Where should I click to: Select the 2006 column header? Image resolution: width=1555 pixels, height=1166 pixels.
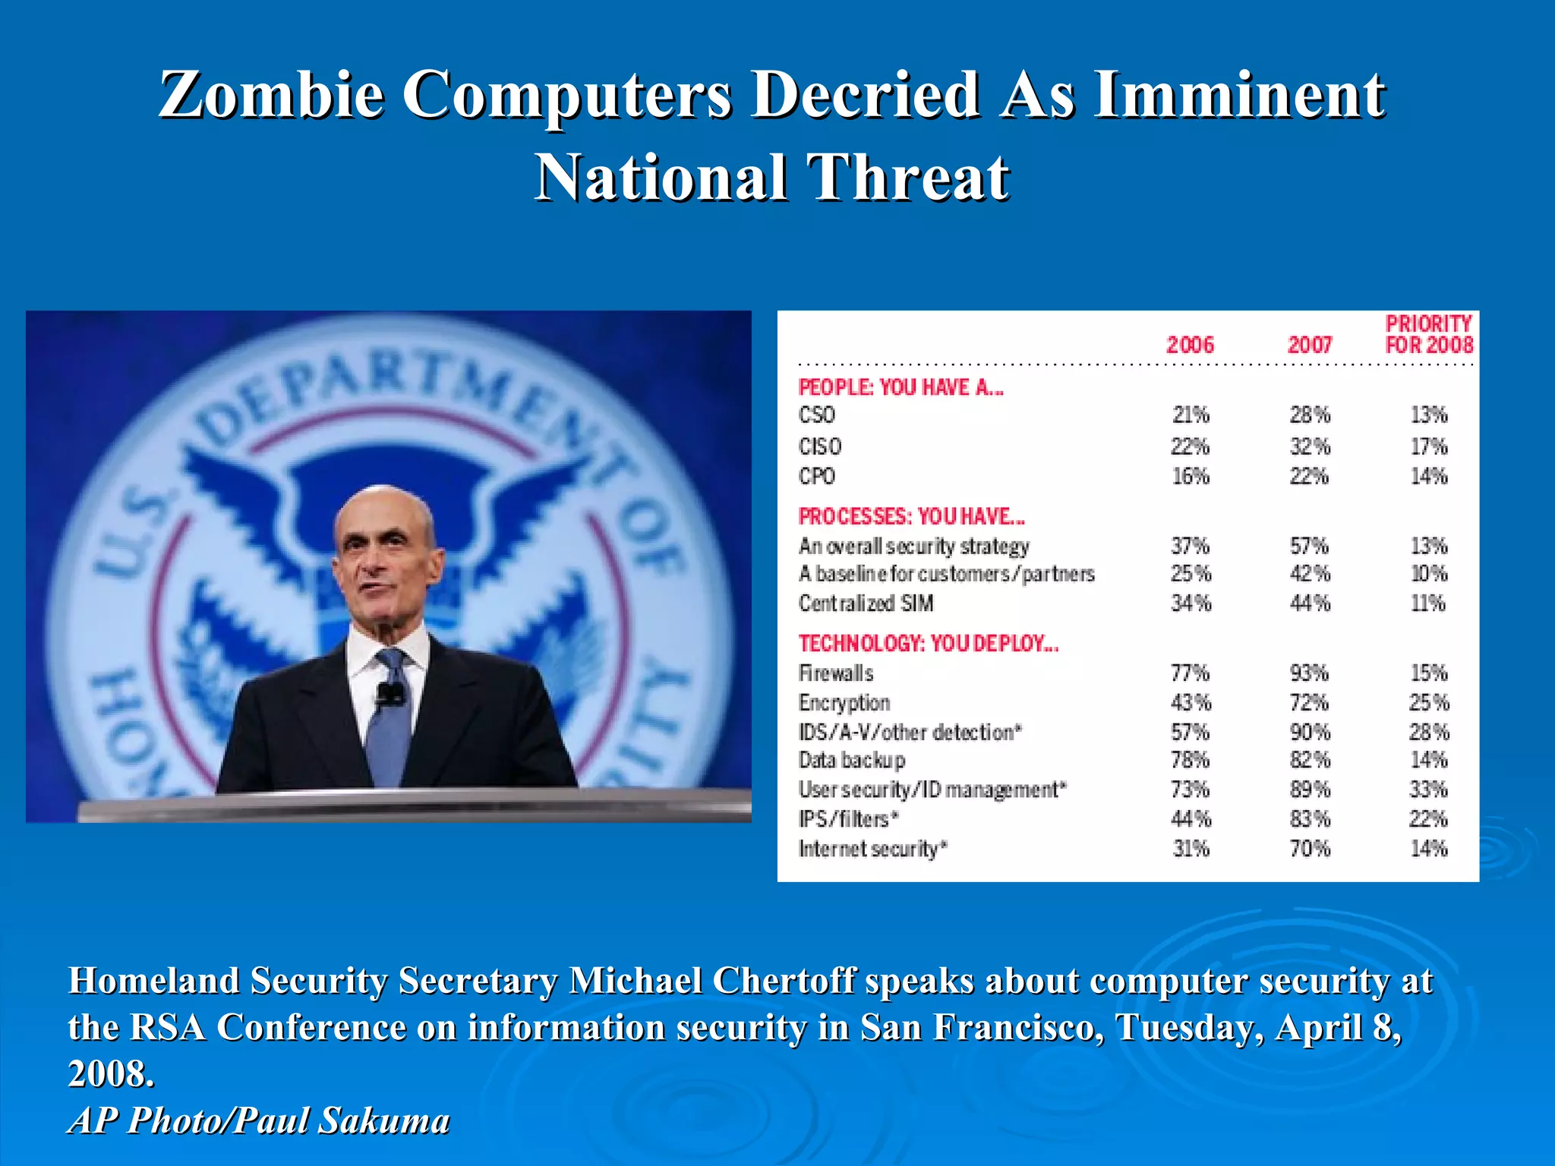click(x=1190, y=345)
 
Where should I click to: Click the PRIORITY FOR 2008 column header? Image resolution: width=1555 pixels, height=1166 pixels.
click(x=1428, y=334)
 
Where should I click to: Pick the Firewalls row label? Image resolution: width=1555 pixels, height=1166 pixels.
click(x=836, y=673)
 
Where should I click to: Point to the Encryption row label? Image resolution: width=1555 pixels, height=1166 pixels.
click(x=844, y=703)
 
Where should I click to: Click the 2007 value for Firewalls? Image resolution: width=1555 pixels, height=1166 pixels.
click(x=1309, y=673)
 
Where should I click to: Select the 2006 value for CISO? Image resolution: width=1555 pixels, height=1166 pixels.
click(x=1190, y=446)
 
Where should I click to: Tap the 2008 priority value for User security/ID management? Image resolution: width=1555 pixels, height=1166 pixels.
click(x=1428, y=789)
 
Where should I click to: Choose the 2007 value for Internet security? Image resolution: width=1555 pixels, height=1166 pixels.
click(x=1310, y=849)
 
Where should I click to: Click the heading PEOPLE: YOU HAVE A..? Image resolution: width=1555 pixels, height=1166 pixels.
click(x=901, y=388)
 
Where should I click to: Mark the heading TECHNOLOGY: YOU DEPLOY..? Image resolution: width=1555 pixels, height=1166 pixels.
click(x=928, y=644)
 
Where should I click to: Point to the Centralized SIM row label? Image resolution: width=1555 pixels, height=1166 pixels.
click(x=866, y=603)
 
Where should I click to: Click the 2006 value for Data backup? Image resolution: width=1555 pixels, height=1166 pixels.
click(x=1190, y=760)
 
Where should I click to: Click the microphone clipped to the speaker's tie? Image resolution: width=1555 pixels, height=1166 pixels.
click(x=391, y=693)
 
